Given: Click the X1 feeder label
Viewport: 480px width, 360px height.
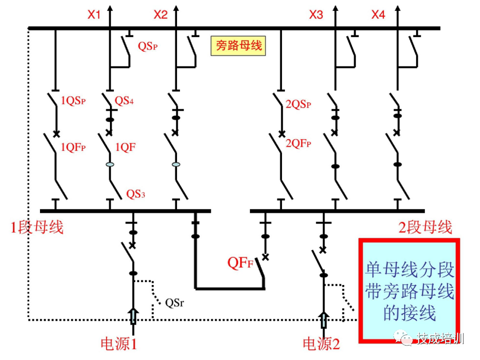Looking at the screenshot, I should [x=94, y=15].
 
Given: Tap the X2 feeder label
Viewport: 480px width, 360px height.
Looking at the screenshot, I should [x=160, y=15].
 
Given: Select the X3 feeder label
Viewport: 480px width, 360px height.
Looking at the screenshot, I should [x=316, y=15].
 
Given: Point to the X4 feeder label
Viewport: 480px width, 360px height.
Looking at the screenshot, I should [x=378, y=15].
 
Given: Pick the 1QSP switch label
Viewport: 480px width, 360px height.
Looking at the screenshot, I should [x=73, y=100].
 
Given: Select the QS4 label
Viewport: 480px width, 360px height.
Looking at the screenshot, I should [x=124, y=100].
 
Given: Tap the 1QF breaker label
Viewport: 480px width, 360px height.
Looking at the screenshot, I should [x=125, y=147].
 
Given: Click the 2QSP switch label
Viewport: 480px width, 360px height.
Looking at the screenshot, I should [x=298, y=104].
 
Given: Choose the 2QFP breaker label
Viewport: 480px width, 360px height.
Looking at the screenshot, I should [x=298, y=143].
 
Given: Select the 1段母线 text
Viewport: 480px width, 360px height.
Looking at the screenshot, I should [x=37, y=227].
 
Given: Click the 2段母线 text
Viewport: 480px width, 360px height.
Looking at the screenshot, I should [x=424, y=227].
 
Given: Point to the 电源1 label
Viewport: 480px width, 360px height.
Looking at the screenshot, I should [x=119, y=344].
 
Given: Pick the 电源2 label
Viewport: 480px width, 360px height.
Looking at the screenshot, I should [x=321, y=344].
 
